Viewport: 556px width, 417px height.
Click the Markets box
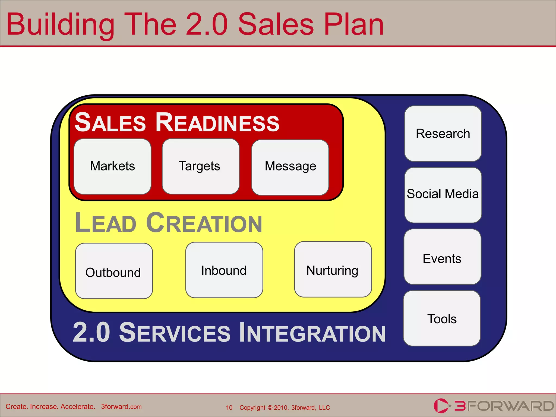coord(112,166)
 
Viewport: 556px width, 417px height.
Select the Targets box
coord(200,166)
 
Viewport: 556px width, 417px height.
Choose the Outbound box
coord(114,271)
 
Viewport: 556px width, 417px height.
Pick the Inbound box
coord(224,270)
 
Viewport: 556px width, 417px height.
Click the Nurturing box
coord(333,270)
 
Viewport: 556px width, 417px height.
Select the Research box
coord(443,134)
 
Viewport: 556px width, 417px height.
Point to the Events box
coord(442,257)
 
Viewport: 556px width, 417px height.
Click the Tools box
coord(442,318)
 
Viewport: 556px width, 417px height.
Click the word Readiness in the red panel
coord(217,123)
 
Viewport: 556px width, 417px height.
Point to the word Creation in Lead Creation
coord(204,223)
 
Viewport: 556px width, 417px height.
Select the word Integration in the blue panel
coord(312,333)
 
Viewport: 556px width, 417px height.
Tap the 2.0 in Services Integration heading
coord(91,332)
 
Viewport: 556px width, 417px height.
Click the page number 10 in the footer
coord(229,407)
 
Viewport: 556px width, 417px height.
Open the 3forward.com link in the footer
coord(121,407)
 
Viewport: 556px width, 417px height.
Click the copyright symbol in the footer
coord(270,407)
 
